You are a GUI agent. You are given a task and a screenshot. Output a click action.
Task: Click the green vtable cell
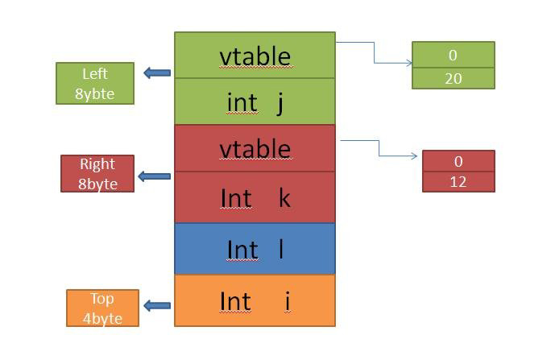coord(255,56)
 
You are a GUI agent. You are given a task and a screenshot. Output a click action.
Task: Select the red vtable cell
coord(255,148)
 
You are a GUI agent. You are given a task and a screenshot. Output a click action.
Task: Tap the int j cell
coord(255,102)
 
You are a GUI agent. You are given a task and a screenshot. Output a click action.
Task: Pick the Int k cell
coord(255,197)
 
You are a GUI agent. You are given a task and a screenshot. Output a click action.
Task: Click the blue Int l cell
coord(255,249)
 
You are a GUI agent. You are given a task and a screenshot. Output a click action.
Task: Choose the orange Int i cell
coord(255,300)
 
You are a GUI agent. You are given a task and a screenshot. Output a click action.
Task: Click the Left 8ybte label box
coord(95,84)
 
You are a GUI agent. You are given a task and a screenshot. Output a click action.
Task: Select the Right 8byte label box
coord(97,174)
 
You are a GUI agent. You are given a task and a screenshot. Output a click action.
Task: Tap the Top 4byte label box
coord(102,308)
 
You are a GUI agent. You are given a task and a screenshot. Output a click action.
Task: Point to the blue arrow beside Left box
coord(157,73)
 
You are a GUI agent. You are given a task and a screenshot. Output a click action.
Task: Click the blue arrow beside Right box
coord(154,176)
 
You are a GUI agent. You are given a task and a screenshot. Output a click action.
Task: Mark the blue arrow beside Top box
coord(157,305)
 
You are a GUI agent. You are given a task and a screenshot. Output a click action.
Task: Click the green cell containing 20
coord(453,78)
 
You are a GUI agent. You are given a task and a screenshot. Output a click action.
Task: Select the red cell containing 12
coord(458,182)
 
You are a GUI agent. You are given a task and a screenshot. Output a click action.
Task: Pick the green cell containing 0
coord(453,56)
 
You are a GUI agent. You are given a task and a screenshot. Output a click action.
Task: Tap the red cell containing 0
coord(458,160)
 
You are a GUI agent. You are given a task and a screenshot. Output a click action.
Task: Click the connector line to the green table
coord(375,53)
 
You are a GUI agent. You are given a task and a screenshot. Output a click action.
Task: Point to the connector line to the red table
coord(379,148)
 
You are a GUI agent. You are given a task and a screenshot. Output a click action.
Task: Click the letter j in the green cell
coord(280,103)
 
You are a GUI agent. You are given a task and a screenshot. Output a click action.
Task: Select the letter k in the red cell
coord(284,197)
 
